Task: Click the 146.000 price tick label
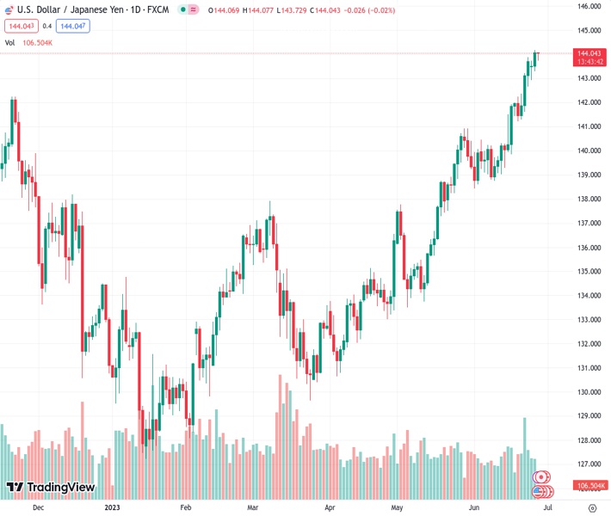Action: coord(589,6)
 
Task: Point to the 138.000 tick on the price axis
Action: coord(589,199)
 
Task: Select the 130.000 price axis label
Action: coord(589,392)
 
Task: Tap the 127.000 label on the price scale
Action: coord(589,464)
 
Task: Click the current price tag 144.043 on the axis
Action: coord(589,53)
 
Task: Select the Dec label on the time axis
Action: coord(37,508)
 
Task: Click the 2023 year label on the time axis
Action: coord(112,508)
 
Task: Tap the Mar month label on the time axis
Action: coord(252,508)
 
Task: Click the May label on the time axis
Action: coord(396,508)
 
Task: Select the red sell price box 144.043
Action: coord(20,26)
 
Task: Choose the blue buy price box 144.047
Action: coord(72,26)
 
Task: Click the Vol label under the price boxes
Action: coord(9,42)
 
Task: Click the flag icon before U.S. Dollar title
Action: coord(9,9)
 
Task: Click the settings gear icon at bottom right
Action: coord(591,508)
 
